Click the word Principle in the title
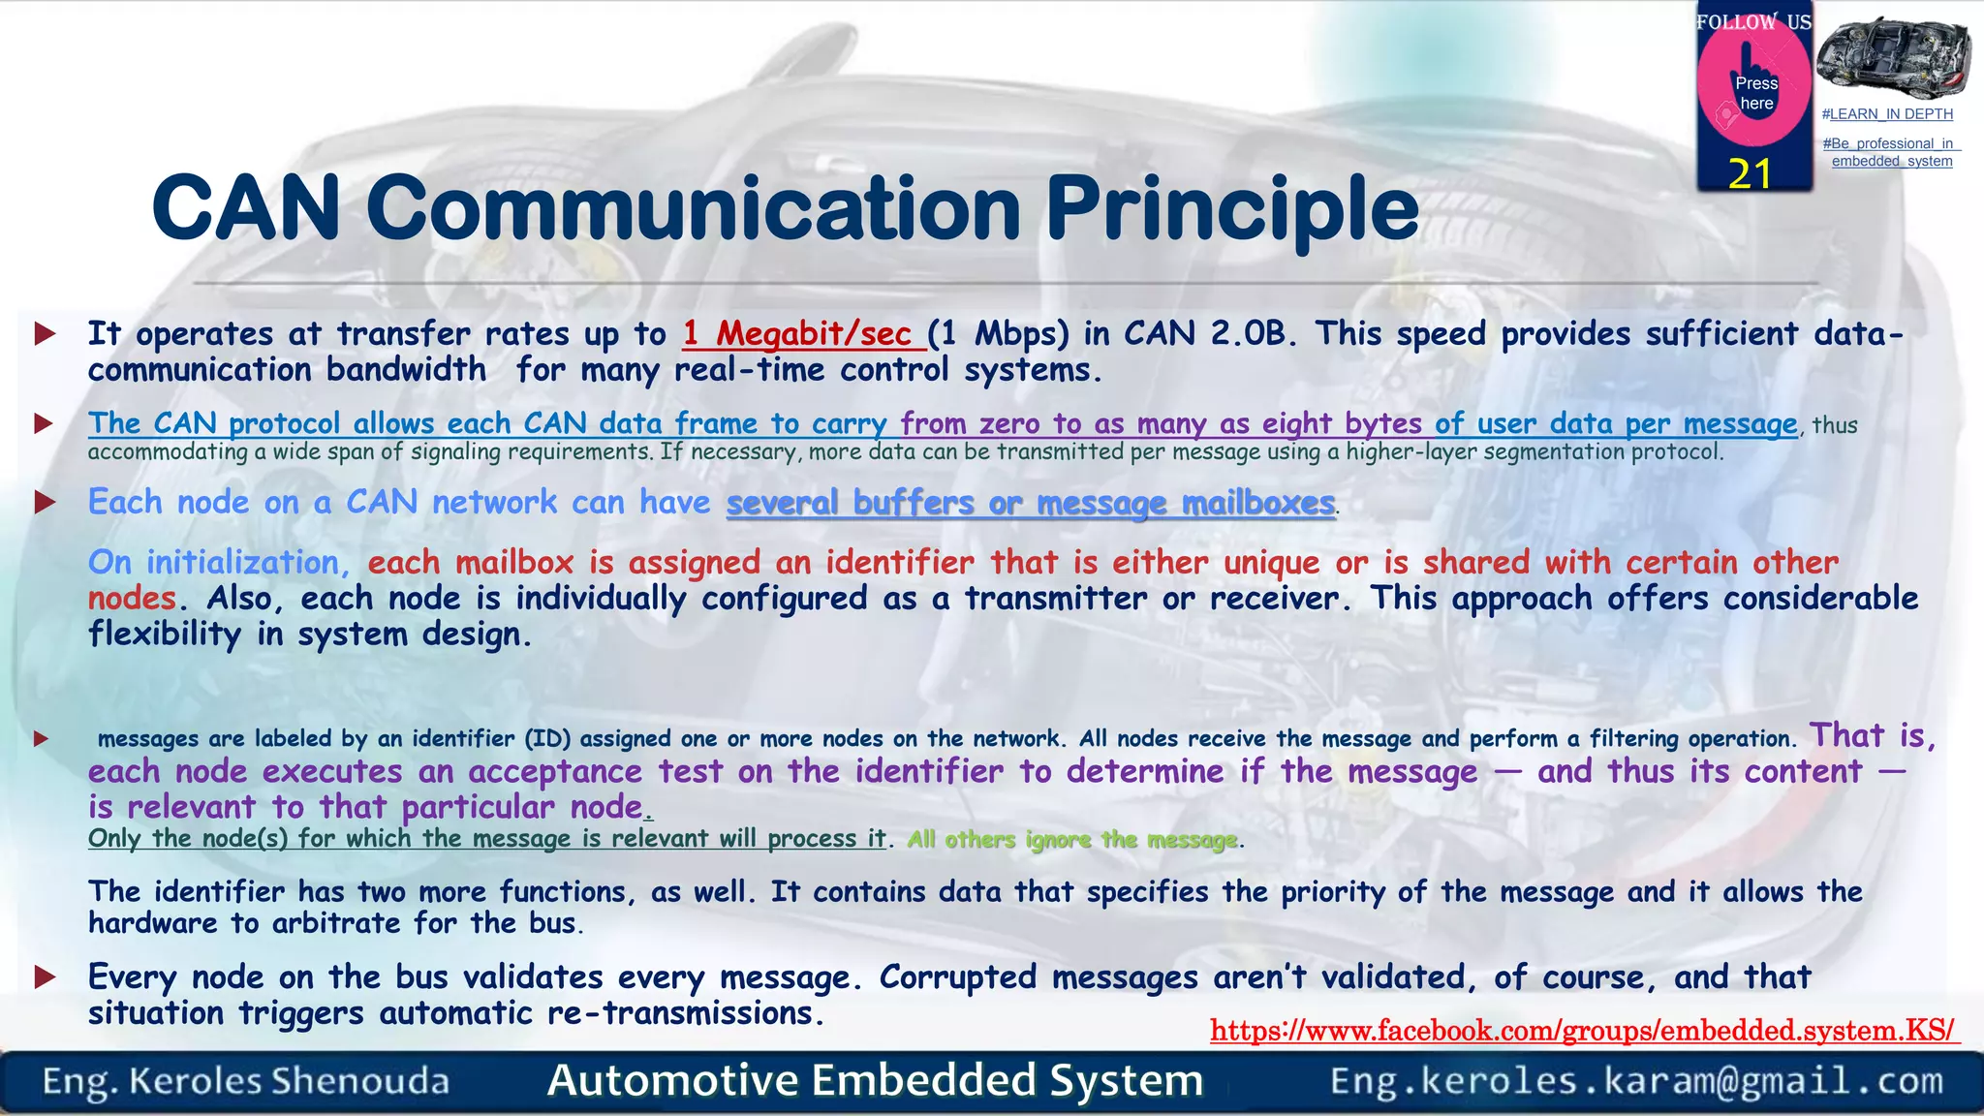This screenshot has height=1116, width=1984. [1232, 208]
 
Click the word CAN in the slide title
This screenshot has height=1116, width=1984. [247, 208]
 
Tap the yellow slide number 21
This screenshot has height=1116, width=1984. [1750, 174]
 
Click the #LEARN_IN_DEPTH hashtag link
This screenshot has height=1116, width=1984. [1887, 114]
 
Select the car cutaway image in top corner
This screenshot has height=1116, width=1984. [1893, 55]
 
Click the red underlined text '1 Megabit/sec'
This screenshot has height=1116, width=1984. [796, 334]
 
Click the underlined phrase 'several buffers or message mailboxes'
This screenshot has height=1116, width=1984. [1031, 503]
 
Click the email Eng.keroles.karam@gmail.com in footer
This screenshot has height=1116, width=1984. [1636, 1081]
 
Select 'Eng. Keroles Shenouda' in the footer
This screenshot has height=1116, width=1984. [246, 1081]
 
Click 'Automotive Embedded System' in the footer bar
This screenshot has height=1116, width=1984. [875, 1081]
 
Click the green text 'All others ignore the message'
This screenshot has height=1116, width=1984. [1071, 840]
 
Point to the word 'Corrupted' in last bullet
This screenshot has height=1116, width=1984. [957, 977]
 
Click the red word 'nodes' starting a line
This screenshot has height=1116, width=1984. [132, 599]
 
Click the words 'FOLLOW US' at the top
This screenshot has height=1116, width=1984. [1753, 21]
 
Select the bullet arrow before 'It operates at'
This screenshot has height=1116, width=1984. [45, 335]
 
